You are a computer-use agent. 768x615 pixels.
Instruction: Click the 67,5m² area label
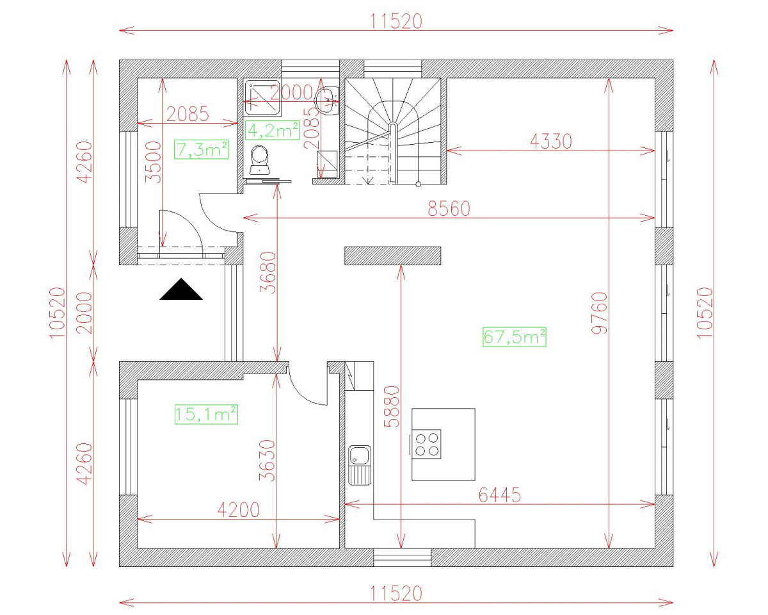(514, 336)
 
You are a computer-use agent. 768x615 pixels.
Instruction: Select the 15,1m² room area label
(206, 414)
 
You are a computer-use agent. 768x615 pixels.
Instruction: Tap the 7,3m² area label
(202, 150)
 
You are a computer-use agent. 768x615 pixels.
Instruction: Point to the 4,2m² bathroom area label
(273, 131)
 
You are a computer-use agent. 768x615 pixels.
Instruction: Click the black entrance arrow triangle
(181, 290)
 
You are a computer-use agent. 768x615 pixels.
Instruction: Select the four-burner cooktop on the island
(426, 443)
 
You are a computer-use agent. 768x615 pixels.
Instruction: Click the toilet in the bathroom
(260, 160)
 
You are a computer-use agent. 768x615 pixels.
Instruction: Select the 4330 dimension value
(550, 142)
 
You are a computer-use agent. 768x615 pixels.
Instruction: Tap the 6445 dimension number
(499, 495)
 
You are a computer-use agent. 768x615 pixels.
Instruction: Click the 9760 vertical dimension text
(600, 313)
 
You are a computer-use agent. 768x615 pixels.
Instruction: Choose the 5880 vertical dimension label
(391, 406)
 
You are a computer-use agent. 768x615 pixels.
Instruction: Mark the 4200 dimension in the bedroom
(239, 510)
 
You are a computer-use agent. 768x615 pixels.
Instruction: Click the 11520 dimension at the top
(396, 21)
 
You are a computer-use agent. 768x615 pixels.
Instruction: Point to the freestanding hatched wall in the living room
(393, 256)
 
